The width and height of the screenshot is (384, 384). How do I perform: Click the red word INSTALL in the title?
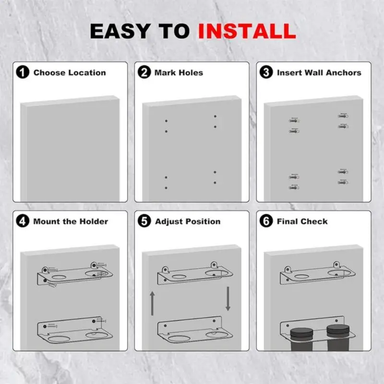click(247, 32)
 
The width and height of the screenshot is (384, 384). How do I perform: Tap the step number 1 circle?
click(22, 73)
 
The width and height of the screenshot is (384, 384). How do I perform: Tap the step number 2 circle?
click(144, 73)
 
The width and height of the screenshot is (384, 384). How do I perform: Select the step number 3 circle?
click(266, 73)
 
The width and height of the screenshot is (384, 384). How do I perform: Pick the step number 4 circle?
click(22, 222)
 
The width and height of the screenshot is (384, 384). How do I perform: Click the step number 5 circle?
click(144, 222)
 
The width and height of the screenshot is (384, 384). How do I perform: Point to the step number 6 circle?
click(266, 222)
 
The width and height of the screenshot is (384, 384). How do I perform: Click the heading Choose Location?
click(70, 73)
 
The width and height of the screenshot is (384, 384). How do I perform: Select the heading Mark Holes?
click(179, 73)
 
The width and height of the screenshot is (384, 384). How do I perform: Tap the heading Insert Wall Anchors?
click(319, 73)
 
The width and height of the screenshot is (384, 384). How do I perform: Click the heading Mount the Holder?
click(71, 222)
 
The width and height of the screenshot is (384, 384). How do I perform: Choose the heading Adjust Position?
click(188, 222)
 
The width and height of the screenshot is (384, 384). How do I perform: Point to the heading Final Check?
click(302, 222)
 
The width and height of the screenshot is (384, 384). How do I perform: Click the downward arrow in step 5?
click(228, 298)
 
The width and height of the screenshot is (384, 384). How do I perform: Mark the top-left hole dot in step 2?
click(166, 120)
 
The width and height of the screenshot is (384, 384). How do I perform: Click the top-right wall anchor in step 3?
click(343, 116)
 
